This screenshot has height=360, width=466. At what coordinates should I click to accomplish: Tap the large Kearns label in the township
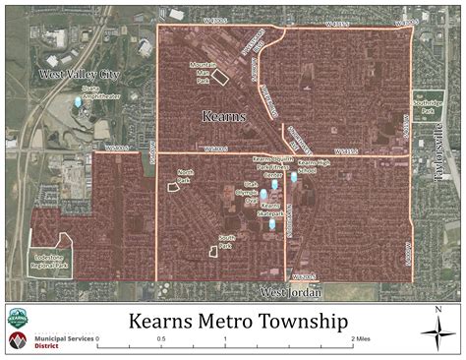point(224,116)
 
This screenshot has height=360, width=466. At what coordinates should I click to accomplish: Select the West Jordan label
point(293,292)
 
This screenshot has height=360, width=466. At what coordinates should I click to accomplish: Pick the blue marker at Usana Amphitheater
point(78,101)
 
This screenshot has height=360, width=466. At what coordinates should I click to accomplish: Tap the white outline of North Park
point(175,188)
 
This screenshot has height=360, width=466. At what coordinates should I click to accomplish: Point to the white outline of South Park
point(213,251)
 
